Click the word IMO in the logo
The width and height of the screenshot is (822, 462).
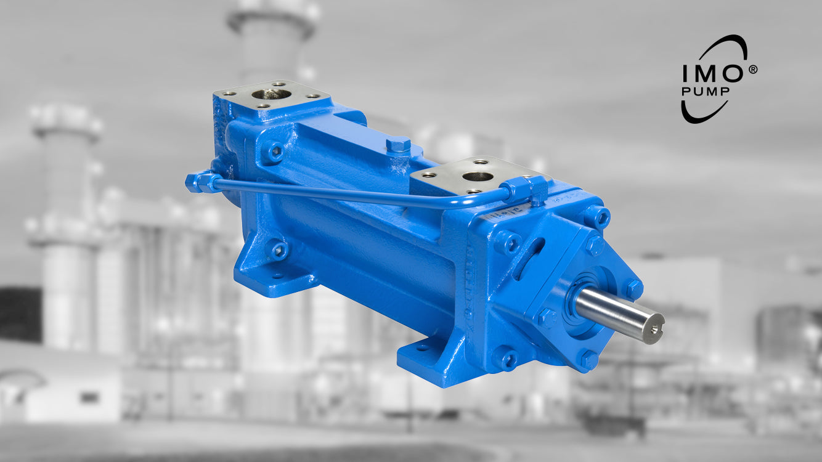coord(712,73)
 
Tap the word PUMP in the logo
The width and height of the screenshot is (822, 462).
coord(706,91)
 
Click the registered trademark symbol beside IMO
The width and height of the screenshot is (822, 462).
coord(752,70)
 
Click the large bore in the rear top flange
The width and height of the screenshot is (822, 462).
coord(271,94)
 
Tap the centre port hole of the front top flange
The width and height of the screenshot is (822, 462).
coord(478,177)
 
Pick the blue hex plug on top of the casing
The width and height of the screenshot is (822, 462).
coord(398,145)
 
